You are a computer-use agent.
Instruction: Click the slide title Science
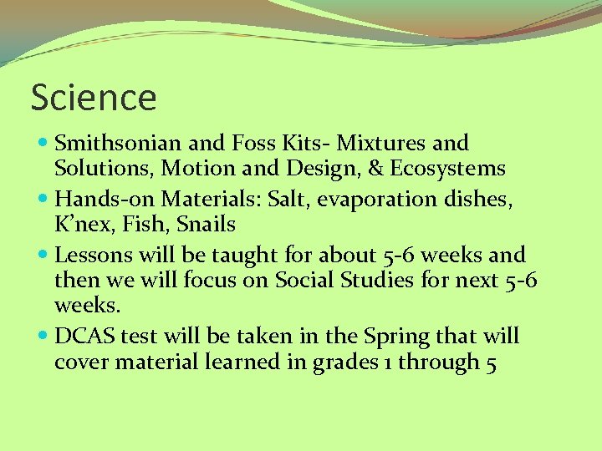(94, 98)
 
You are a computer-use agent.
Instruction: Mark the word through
(432, 362)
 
